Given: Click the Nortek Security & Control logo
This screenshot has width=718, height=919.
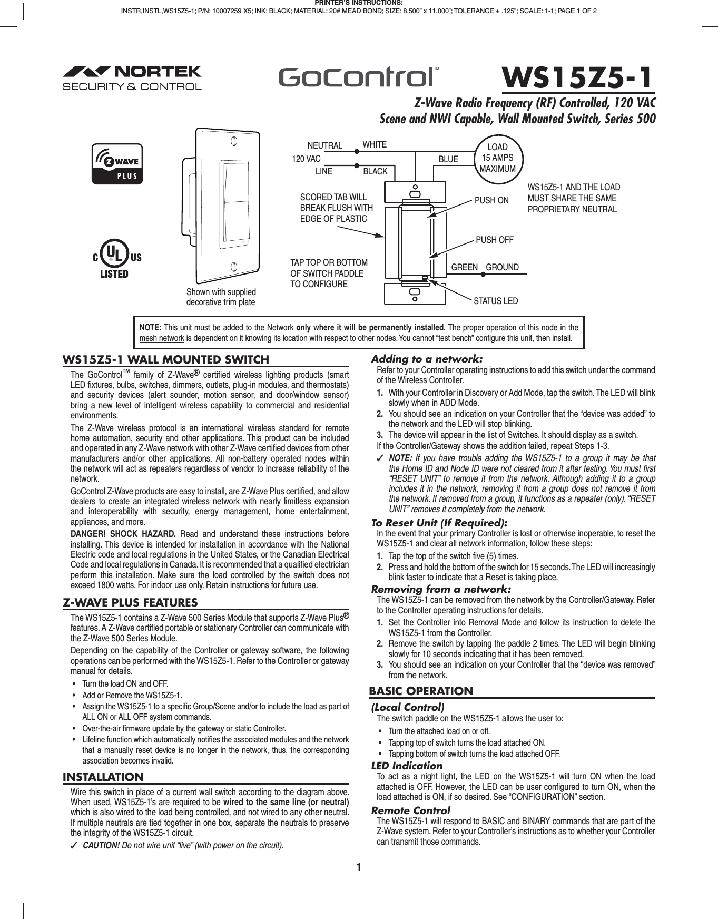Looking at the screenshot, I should (132, 78).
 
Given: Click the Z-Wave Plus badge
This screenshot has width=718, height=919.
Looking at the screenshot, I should (117, 164).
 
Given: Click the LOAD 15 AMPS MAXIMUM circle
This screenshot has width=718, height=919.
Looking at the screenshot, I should (497, 158).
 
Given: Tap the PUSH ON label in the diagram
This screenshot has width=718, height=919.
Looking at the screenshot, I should (491, 200).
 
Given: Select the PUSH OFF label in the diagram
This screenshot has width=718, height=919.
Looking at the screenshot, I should (494, 240).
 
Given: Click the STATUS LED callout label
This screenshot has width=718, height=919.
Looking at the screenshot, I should (495, 301).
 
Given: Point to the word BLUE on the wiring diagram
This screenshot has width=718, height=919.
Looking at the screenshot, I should (448, 159).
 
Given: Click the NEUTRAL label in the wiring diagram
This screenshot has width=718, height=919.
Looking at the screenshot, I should (324, 145).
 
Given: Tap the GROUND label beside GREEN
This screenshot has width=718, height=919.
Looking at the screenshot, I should (502, 267).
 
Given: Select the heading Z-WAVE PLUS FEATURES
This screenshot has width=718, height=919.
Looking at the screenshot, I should (130, 603).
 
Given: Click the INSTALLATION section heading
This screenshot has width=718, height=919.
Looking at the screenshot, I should (103, 777).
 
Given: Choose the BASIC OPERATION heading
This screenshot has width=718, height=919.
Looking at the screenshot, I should (421, 691).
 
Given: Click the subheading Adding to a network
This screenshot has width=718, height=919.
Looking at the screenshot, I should (427, 359).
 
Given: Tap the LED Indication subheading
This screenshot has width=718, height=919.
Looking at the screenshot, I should (407, 766).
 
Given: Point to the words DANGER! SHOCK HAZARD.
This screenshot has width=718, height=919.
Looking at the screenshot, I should (123, 534).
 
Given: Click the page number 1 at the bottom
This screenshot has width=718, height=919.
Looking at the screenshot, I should (358, 867).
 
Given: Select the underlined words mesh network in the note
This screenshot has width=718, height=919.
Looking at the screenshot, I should (162, 338).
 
